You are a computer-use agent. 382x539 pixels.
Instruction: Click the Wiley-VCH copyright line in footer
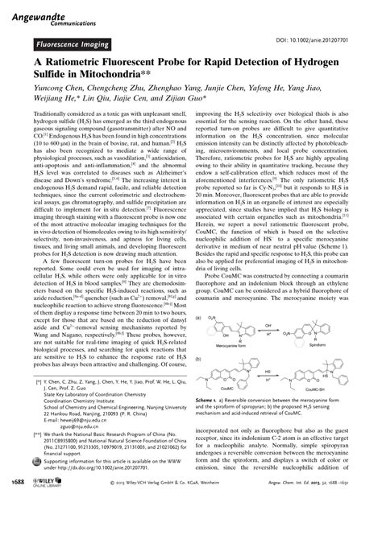point(179,528)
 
